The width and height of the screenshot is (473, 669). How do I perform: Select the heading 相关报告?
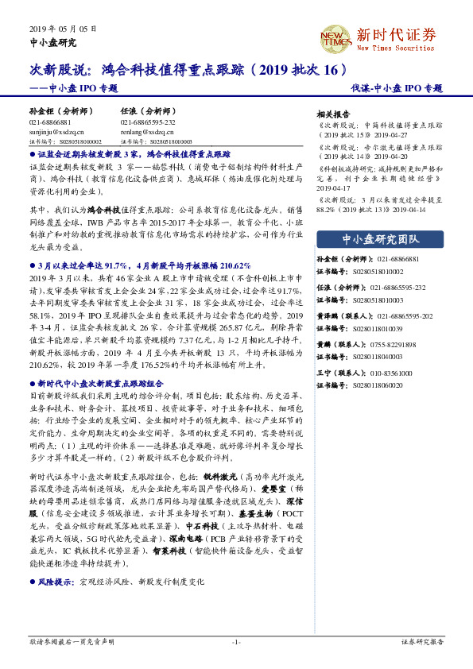[333, 114]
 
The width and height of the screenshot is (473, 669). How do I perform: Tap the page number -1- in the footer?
[236, 641]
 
